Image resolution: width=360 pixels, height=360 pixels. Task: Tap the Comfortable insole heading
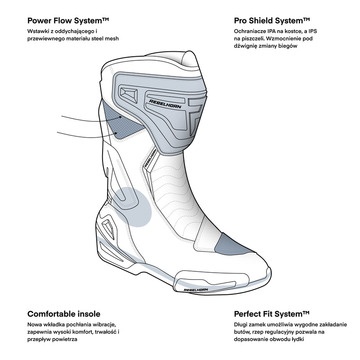coord(64,314)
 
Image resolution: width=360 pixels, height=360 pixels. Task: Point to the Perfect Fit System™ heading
coord(272,314)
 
